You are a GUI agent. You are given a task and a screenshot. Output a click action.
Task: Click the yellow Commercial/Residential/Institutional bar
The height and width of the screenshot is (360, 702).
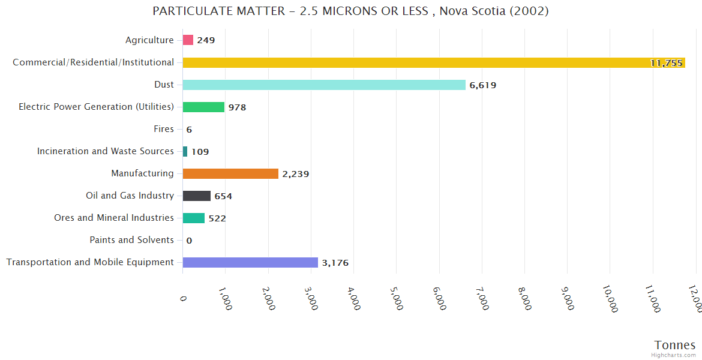point(433,62)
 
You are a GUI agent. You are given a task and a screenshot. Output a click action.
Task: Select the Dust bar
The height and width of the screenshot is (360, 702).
point(324,85)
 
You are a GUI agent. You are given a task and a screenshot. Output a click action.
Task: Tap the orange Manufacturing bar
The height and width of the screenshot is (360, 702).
point(230,173)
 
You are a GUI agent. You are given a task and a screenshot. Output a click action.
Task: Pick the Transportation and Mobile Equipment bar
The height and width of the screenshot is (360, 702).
point(250,262)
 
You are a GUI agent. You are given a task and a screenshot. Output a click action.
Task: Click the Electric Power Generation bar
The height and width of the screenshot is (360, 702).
point(203,107)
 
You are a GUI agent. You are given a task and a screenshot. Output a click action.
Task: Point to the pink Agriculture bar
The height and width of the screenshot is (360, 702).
point(188,40)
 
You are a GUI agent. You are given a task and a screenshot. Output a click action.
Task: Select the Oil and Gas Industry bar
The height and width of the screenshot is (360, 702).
point(197,196)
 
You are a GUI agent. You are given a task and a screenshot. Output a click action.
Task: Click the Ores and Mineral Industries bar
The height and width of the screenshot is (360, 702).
point(194,218)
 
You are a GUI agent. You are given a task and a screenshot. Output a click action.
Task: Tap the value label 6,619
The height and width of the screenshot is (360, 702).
point(483,85)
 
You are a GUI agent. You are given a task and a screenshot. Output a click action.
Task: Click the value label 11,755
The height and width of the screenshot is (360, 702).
point(666,63)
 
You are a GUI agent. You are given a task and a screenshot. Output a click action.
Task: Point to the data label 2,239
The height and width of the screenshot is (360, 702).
point(296,174)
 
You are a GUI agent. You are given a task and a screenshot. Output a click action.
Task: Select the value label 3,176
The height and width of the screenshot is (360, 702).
point(335,263)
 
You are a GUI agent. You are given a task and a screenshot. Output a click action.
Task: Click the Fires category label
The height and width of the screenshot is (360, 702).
point(164,129)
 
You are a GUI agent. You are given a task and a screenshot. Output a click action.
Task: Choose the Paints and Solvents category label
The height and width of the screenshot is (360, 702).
point(131,240)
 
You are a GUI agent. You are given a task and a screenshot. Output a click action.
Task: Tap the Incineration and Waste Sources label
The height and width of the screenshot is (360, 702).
point(106,151)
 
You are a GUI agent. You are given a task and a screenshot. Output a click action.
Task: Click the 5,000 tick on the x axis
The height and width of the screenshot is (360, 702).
point(396,298)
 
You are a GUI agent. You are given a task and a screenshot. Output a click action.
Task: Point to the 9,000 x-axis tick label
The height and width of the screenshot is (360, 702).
point(566,298)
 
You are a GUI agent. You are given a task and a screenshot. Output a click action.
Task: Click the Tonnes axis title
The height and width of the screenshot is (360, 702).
point(675,345)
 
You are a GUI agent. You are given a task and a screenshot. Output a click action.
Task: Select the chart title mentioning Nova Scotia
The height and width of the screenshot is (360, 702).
point(350,11)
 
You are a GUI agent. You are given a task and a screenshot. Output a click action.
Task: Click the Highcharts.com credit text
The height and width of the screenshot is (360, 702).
point(674,355)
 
